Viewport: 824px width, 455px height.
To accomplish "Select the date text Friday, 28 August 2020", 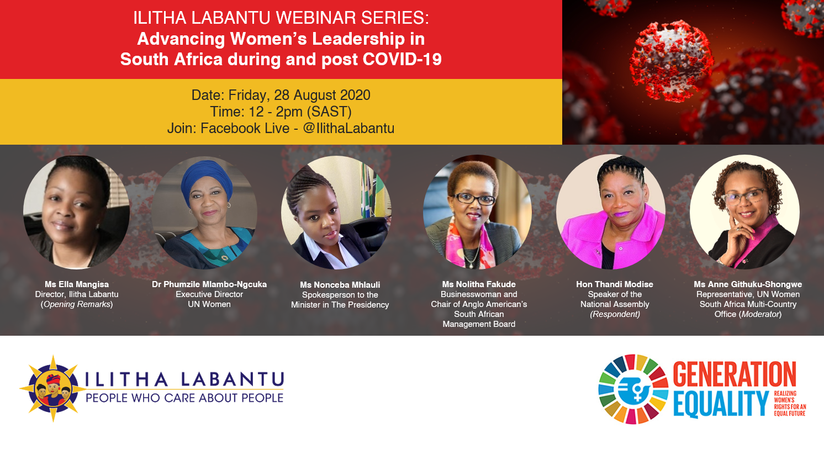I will pos(299,95).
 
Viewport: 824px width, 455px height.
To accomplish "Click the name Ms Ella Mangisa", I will pos(77,284).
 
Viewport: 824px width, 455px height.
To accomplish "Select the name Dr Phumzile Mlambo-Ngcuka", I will pos(209,284).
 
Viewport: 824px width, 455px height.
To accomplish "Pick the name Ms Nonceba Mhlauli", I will pos(340,285).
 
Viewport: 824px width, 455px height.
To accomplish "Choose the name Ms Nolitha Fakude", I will pos(479,284).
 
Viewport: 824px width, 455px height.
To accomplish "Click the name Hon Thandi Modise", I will pos(614,284).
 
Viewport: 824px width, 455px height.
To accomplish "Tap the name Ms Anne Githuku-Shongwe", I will pos(748,284).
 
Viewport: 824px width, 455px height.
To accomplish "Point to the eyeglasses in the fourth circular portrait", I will pos(474,199).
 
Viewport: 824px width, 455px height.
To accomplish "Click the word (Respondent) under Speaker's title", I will pos(615,314).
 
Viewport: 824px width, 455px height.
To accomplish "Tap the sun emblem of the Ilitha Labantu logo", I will pos(53,389).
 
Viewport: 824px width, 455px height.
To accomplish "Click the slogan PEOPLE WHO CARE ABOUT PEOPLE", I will pos(184,398).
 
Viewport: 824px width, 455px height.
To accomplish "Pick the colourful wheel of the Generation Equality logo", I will pos(633,389).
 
